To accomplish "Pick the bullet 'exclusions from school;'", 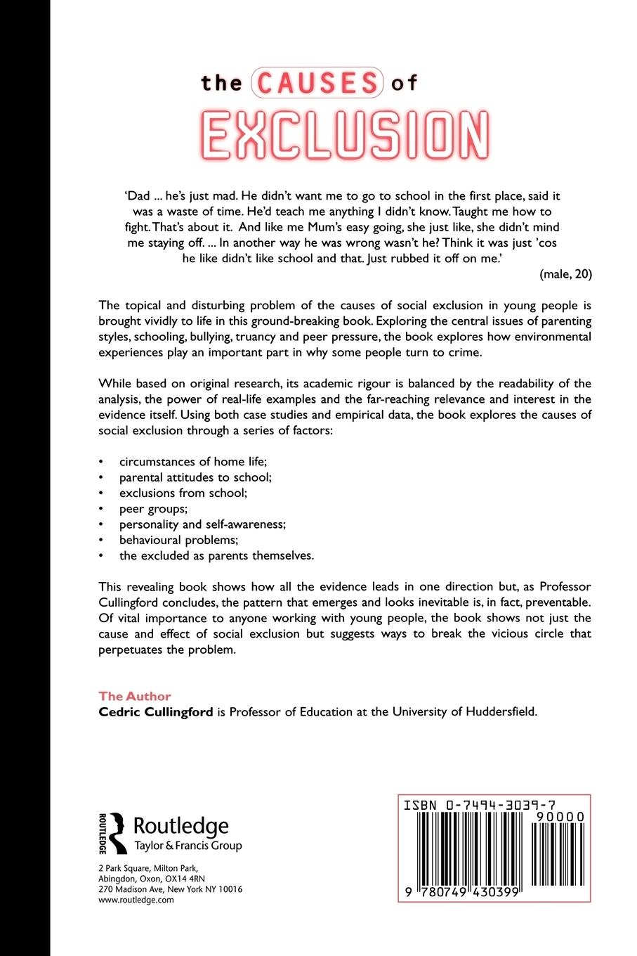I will [x=183, y=493].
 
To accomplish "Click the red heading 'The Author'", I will [x=135, y=696].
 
